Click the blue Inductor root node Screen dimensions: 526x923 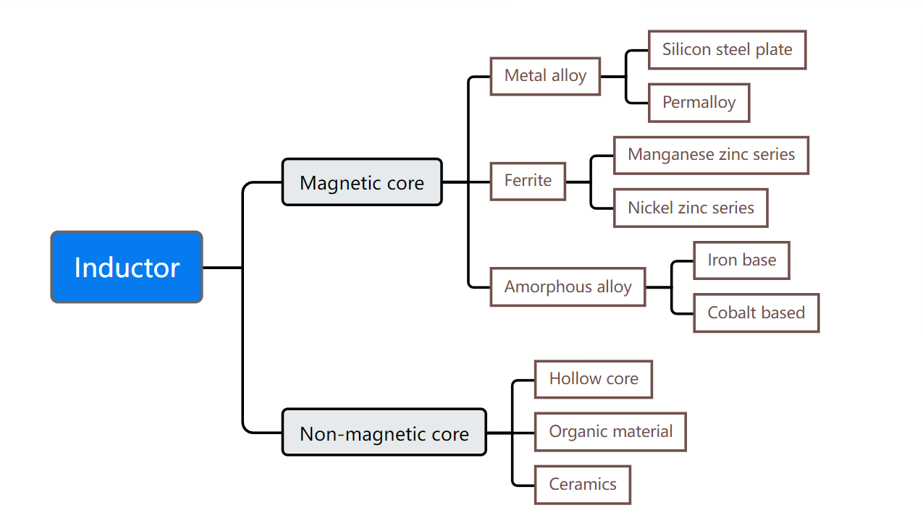pyautogui.click(x=127, y=267)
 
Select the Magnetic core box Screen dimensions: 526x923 pyautogui.click(x=362, y=182)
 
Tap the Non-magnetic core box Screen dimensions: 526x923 pyautogui.click(x=384, y=433)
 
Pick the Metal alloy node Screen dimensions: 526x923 pyautogui.click(x=545, y=76)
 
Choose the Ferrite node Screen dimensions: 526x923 pyautogui.click(x=528, y=181)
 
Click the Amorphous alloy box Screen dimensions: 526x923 pyautogui.click(x=568, y=287)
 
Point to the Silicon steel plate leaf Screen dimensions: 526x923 pyautogui.click(x=727, y=50)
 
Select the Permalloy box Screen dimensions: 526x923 pyautogui.click(x=699, y=103)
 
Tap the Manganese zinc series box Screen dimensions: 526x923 pyautogui.click(x=711, y=155)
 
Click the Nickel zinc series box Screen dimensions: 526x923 pyautogui.click(x=691, y=208)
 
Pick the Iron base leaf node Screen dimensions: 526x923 pyautogui.click(x=741, y=260)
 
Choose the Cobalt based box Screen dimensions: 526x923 pyautogui.click(x=756, y=313)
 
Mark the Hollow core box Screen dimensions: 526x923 pyautogui.click(x=594, y=379)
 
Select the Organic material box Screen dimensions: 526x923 pyautogui.click(x=610, y=432)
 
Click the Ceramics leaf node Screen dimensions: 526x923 pyautogui.click(x=583, y=485)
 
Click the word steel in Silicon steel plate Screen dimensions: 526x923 pyautogui.click(x=734, y=50)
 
